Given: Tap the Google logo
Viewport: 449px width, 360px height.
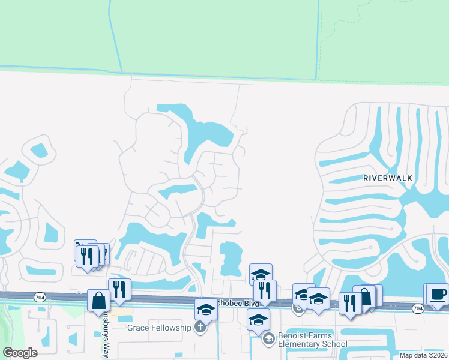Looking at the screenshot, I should coord(20,353).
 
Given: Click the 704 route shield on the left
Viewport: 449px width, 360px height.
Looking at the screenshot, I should coord(40,296).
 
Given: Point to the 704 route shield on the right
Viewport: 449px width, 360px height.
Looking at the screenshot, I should coord(418,308).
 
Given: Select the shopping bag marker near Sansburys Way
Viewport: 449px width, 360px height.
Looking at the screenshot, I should coord(98,301).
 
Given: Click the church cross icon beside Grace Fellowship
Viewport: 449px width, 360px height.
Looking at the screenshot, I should coord(200,328).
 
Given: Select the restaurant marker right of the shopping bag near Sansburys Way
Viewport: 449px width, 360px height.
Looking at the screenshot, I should coord(120,289).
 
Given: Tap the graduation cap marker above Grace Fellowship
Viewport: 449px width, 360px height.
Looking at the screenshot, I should coord(205,309).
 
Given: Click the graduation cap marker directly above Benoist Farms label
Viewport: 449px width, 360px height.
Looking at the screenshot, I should coord(259,319).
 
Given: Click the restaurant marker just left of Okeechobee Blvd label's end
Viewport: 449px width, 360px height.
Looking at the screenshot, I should coord(264,290).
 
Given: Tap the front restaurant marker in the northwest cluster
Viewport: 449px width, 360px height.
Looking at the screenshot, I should coord(88,256).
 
